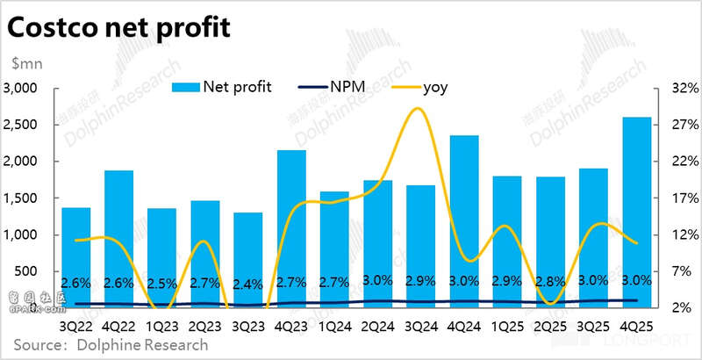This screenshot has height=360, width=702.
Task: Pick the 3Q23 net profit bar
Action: click(x=248, y=259)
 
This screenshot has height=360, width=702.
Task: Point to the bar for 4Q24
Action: click(x=464, y=220)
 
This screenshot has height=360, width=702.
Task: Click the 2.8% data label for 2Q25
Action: click(x=550, y=282)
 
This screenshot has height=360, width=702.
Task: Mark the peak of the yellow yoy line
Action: click(x=418, y=109)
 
